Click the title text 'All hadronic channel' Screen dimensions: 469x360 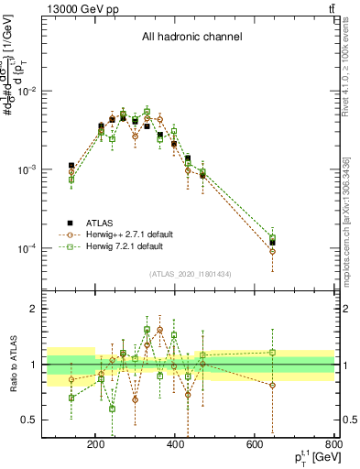click(191, 38)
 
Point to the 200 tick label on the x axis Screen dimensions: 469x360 click(96, 444)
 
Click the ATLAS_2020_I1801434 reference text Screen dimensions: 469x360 click(191, 274)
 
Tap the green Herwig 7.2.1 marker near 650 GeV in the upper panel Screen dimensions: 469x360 click(272, 238)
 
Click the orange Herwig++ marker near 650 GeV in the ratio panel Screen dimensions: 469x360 click(272, 385)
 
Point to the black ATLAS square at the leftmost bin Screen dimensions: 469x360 click(71, 166)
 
